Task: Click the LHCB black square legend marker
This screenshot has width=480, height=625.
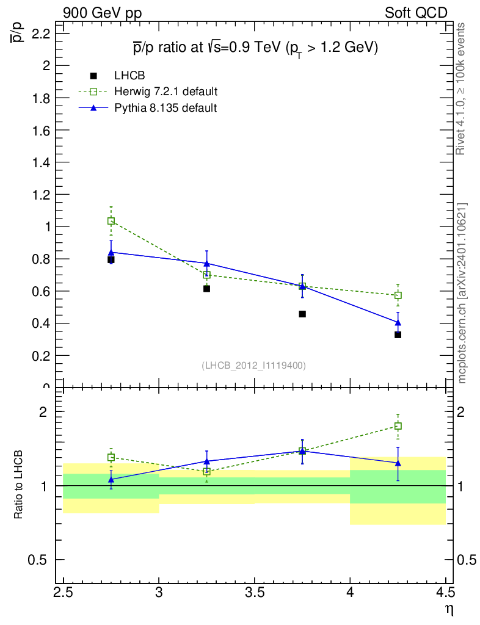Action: point(93,76)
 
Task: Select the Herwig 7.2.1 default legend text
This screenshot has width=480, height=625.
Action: point(166,92)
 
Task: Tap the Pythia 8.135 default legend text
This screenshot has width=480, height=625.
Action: point(165,107)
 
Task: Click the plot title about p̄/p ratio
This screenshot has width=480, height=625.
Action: point(256,48)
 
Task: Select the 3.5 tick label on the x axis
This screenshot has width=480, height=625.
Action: point(254,593)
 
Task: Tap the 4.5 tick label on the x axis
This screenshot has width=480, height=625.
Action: point(445,593)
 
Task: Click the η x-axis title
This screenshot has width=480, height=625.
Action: point(448,608)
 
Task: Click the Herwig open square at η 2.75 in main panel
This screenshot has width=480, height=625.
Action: point(111,221)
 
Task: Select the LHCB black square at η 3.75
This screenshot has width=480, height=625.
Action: point(302,314)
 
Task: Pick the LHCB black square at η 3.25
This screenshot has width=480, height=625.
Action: point(206,288)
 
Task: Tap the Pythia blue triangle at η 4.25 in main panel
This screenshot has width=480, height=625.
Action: point(398,322)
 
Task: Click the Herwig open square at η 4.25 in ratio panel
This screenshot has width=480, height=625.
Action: point(398,426)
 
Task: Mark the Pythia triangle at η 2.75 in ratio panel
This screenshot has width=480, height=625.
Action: point(111,480)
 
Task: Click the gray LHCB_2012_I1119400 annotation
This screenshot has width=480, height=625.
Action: point(253,365)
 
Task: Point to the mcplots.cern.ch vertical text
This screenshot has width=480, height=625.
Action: point(462,293)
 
